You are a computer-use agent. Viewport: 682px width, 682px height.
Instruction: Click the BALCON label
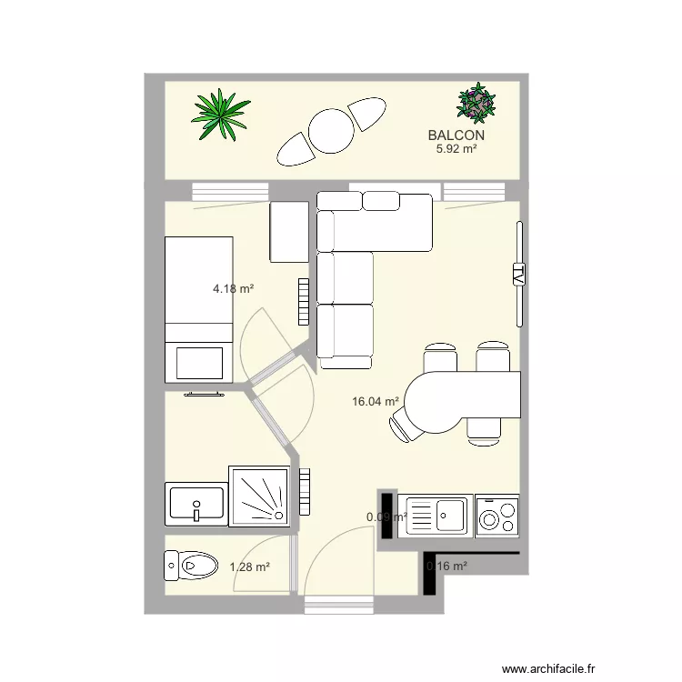[456, 135]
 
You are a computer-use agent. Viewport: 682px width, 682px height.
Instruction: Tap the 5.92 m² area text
[456, 149]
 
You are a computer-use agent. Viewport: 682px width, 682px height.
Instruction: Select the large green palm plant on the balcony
[221, 115]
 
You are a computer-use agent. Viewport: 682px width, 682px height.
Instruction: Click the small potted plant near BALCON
[476, 103]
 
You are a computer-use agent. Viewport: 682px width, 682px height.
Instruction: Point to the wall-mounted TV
[519, 274]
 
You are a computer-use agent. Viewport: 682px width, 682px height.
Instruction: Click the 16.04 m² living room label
[376, 401]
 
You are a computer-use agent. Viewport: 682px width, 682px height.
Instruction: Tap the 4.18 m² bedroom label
[233, 289]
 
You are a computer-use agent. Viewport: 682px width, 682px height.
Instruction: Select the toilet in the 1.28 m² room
[190, 566]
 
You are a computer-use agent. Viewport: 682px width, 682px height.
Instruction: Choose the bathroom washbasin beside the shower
[196, 503]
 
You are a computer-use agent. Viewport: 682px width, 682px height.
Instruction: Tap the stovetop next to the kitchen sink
[496, 516]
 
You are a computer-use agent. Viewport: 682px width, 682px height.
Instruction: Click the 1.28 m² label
[249, 567]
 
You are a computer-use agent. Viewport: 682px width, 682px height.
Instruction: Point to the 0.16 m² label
[446, 566]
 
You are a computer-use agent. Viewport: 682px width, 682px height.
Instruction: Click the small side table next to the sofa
[290, 232]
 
